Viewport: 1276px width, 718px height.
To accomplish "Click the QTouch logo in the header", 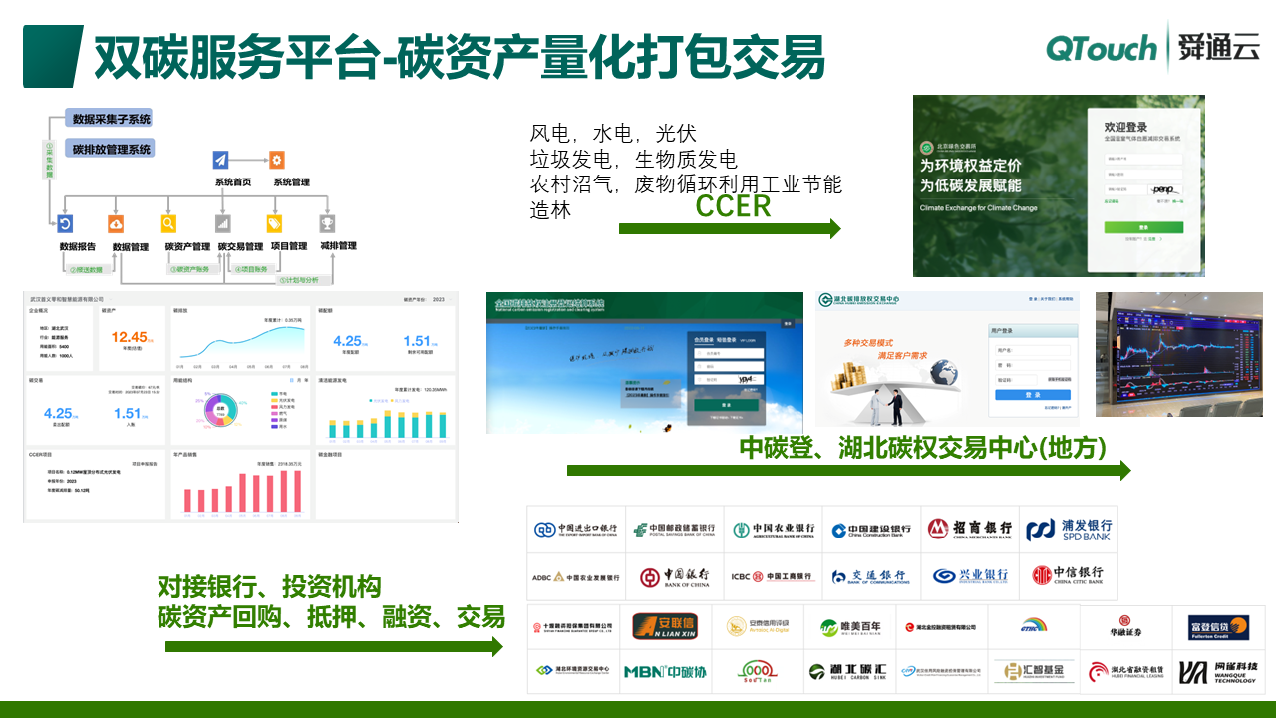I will pos(1101,47).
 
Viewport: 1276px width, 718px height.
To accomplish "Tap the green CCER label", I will pos(733,206).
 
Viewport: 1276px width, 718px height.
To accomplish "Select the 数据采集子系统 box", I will pos(111,119).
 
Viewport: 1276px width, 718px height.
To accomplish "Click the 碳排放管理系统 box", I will pos(111,149).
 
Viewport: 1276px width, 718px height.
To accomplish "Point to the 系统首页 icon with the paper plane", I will pos(220,159).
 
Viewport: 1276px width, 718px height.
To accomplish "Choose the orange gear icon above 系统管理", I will pos(277,159).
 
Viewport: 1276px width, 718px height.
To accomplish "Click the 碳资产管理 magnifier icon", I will pos(169,224).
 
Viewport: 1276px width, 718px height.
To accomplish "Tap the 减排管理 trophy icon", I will pos(326,224).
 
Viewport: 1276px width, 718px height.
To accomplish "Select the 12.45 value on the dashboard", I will pos(131,337).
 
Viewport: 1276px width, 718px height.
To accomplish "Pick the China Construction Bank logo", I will pos(871,530).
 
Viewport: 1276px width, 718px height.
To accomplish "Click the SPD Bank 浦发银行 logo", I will pos(1068,530).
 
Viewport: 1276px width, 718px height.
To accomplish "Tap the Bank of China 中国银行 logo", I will pos(675,576).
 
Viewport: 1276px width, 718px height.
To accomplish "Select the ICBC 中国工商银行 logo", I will pos(773,576).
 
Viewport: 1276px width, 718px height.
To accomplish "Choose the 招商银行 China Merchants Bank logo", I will pos(969,530).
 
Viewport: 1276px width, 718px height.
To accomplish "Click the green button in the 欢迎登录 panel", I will pos(1142,227).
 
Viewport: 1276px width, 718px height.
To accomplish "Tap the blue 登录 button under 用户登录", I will pos(1031,395).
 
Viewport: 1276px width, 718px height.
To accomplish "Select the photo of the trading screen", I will pos(1178,354).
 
